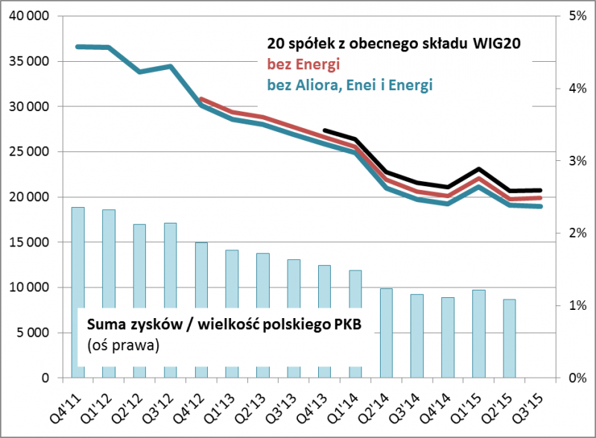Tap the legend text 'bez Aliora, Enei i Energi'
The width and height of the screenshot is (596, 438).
pyautogui.click(x=349, y=85)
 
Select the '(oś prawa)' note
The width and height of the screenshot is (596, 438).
pyautogui.click(x=123, y=346)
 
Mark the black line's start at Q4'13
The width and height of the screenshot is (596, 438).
pyautogui.click(x=324, y=130)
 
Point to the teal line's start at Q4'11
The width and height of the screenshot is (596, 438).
pyautogui.click(x=77, y=47)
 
